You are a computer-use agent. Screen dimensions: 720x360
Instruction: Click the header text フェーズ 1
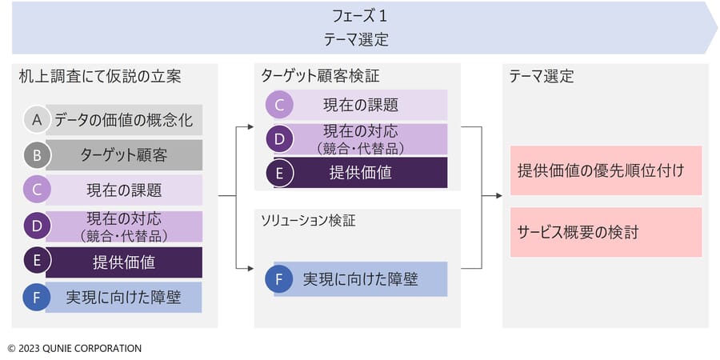click(x=360, y=17)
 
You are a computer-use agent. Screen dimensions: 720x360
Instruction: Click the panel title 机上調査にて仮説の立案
click(x=100, y=77)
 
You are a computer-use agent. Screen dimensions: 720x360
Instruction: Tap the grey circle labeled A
click(x=37, y=120)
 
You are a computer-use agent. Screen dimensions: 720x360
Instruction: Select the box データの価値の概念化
click(x=123, y=120)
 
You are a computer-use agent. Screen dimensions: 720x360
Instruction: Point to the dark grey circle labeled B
click(x=37, y=155)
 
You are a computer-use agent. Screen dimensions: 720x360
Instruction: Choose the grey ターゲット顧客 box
click(x=123, y=155)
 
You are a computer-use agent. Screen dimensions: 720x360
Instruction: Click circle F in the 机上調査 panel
click(x=37, y=298)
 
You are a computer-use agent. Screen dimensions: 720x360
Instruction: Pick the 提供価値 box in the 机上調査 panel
click(x=123, y=262)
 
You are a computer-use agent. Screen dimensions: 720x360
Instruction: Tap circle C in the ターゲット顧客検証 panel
click(x=279, y=105)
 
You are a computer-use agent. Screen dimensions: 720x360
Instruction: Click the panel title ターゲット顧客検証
click(x=321, y=76)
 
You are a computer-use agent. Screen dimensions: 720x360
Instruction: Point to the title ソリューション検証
click(x=308, y=221)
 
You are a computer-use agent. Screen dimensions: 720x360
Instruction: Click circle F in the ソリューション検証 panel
click(x=279, y=278)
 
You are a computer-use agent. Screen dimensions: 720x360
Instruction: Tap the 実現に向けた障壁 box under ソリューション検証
click(x=361, y=279)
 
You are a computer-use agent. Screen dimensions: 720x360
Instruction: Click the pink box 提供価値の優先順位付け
click(x=606, y=171)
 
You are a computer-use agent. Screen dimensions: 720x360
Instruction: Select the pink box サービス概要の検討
click(x=606, y=232)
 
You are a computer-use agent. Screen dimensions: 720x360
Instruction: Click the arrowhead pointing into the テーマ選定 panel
click(x=499, y=196)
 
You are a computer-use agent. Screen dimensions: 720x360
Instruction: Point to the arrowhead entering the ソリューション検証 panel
click(x=250, y=268)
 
